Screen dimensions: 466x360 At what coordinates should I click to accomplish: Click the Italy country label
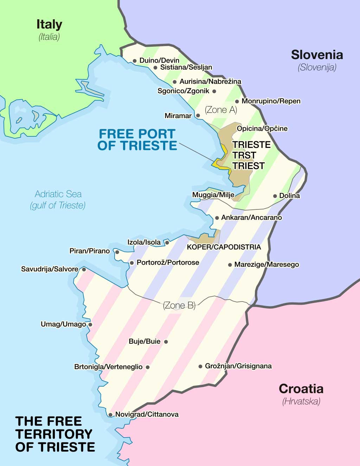click(x=49, y=25)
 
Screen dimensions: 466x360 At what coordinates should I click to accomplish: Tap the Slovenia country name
click(x=317, y=55)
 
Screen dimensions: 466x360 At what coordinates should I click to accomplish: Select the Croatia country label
click(x=301, y=389)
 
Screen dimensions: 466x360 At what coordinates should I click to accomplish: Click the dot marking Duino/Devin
click(x=135, y=61)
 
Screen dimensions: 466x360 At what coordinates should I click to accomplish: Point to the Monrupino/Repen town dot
click(x=237, y=102)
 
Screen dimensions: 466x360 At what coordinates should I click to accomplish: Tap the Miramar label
click(x=178, y=116)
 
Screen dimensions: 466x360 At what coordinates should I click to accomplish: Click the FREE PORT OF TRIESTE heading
click(x=137, y=140)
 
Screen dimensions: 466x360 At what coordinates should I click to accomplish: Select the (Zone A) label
click(x=221, y=110)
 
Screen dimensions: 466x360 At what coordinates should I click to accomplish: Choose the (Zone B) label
click(x=179, y=305)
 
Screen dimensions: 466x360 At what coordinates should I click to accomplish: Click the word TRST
click(x=244, y=155)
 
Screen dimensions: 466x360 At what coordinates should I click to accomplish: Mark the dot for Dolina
click(x=275, y=196)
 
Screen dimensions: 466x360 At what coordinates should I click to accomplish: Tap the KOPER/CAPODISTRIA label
click(x=224, y=247)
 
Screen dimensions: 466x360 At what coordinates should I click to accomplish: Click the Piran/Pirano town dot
click(x=117, y=252)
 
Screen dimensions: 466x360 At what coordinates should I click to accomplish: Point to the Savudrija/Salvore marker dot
click(x=84, y=270)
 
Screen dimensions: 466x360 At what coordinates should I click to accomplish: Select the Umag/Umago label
click(x=63, y=324)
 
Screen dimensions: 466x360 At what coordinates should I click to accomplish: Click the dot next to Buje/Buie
click(x=166, y=342)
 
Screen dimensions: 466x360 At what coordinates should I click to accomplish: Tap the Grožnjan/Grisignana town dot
click(x=200, y=366)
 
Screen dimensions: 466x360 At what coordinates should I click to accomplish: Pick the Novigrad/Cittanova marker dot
click(x=110, y=415)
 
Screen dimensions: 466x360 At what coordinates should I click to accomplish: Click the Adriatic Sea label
click(x=58, y=194)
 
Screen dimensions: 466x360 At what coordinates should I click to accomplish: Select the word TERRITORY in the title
click(x=53, y=434)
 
